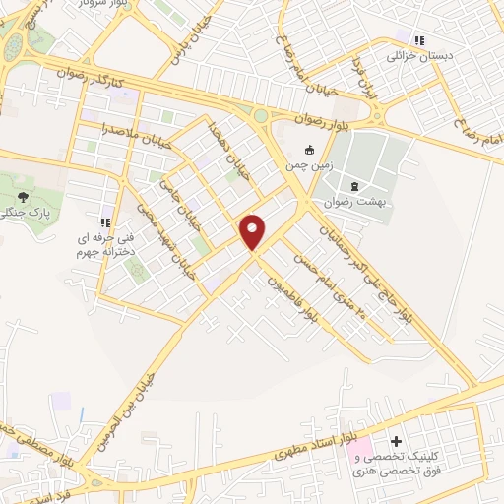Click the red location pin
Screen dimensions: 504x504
(x=253, y=231)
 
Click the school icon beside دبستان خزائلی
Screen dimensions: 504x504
(x=419, y=41)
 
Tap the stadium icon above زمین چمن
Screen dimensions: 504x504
(x=310, y=151)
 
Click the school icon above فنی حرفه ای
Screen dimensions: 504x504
(x=105, y=222)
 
